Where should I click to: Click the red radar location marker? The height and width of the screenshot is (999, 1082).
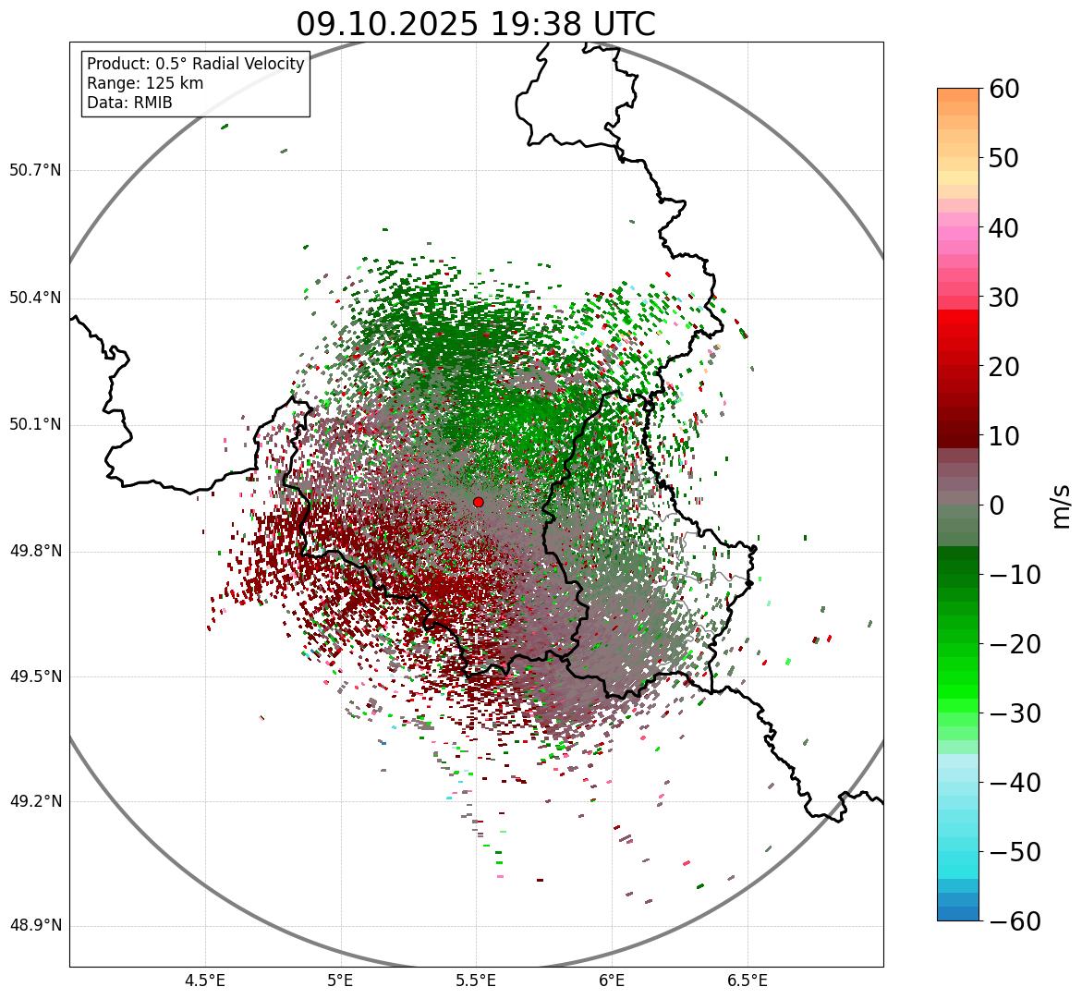[x=478, y=502]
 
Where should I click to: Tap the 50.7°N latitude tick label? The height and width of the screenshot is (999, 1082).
[x=35, y=170]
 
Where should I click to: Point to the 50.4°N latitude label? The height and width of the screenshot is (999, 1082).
[x=35, y=298]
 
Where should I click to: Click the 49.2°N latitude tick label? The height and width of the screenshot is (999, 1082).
[x=35, y=801]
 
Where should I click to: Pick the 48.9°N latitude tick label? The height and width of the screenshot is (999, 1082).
[x=35, y=926]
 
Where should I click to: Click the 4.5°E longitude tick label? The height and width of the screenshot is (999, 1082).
[x=205, y=981]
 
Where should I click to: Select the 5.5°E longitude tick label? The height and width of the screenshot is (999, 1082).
[x=476, y=981]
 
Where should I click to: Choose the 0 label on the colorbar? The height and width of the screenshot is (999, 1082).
[x=997, y=506]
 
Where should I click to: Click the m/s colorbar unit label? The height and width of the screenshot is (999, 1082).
[x=1061, y=506]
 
